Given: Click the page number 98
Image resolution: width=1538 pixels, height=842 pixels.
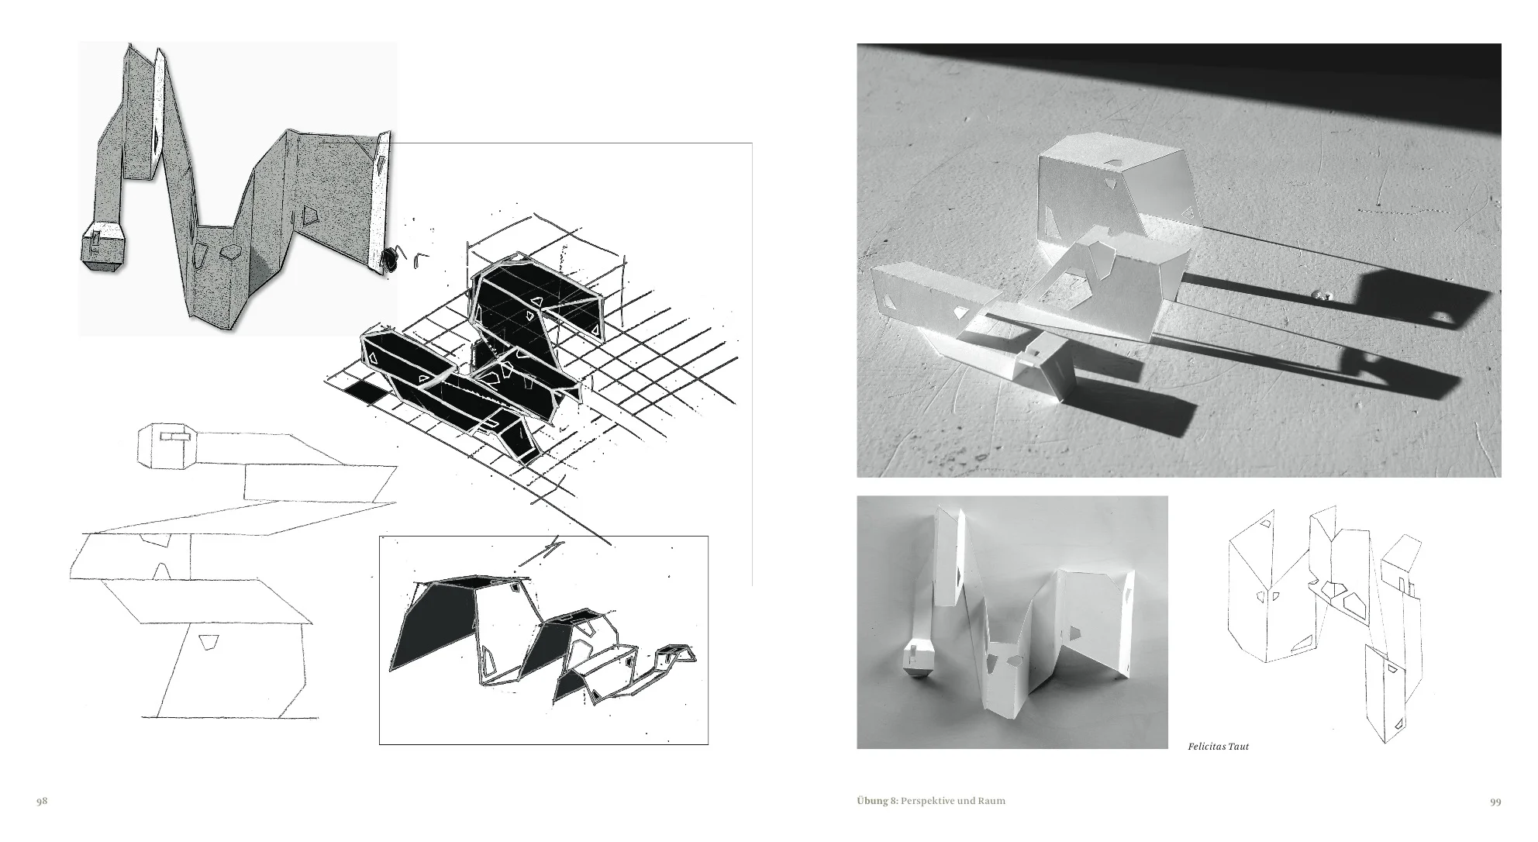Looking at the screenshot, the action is (x=43, y=801).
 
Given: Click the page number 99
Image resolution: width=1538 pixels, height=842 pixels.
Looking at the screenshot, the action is (x=1495, y=802).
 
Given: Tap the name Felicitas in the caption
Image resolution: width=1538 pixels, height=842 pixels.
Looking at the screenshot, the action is (x=1206, y=747).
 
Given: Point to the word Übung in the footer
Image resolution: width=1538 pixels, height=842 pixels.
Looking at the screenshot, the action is (x=871, y=801).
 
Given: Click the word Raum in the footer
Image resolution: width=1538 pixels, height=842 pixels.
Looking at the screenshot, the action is (x=992, y=801).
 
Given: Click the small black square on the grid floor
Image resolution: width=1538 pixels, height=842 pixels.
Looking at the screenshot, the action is (x=364, y=392).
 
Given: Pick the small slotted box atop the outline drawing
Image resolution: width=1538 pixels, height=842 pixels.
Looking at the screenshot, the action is (x=169, y=446).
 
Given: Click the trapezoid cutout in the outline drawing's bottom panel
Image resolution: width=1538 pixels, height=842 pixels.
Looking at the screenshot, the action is (x=207, y=642).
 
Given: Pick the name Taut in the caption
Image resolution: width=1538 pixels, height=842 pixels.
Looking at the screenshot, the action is (x=1239, y=747).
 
